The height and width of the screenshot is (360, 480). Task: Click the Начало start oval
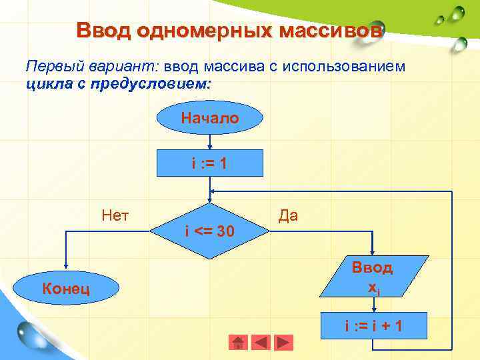click(x=210, y=119)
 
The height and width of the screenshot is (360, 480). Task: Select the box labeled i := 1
click(x=210, y=163)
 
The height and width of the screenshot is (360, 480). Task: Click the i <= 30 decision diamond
click(x=210, y=230)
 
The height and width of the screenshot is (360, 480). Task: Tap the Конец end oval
click(x=67, y=288)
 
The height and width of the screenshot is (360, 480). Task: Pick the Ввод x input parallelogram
click(x=373, y=277)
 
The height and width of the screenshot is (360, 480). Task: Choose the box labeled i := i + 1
click(x=373, y=326)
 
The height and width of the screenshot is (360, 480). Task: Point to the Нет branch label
click(x=115, y=215)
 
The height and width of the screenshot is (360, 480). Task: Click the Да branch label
click(x=288, y=215)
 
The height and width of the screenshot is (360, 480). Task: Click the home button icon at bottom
click(x=238, y=342)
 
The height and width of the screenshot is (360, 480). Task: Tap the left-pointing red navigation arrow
click(x=261, y=342)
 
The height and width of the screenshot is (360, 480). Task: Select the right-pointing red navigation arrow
click(x=284, y=342)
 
